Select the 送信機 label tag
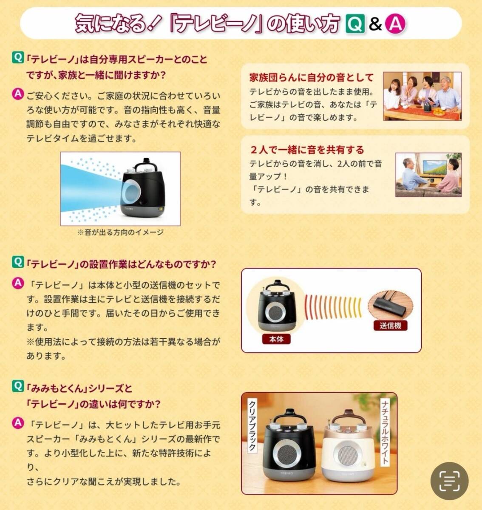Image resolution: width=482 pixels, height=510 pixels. pos(390,326)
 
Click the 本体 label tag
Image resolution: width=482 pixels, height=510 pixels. pos(276,339)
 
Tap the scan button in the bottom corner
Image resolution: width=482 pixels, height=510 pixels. pos(449,481)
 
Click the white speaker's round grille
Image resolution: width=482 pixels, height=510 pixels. pos(347,456)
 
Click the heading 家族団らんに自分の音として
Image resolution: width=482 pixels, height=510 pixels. pos(311,77)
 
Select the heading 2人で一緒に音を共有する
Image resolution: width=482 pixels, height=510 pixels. pos(307,150)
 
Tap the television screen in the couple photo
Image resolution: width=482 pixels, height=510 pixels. pos(436,168)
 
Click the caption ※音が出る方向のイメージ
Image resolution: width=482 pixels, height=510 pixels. pos(121,232)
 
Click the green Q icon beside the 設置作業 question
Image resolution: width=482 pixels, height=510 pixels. pos(18,262)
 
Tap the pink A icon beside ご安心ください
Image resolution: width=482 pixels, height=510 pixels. pos(18,94)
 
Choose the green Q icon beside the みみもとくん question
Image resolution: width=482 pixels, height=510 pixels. pos(18,386)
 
